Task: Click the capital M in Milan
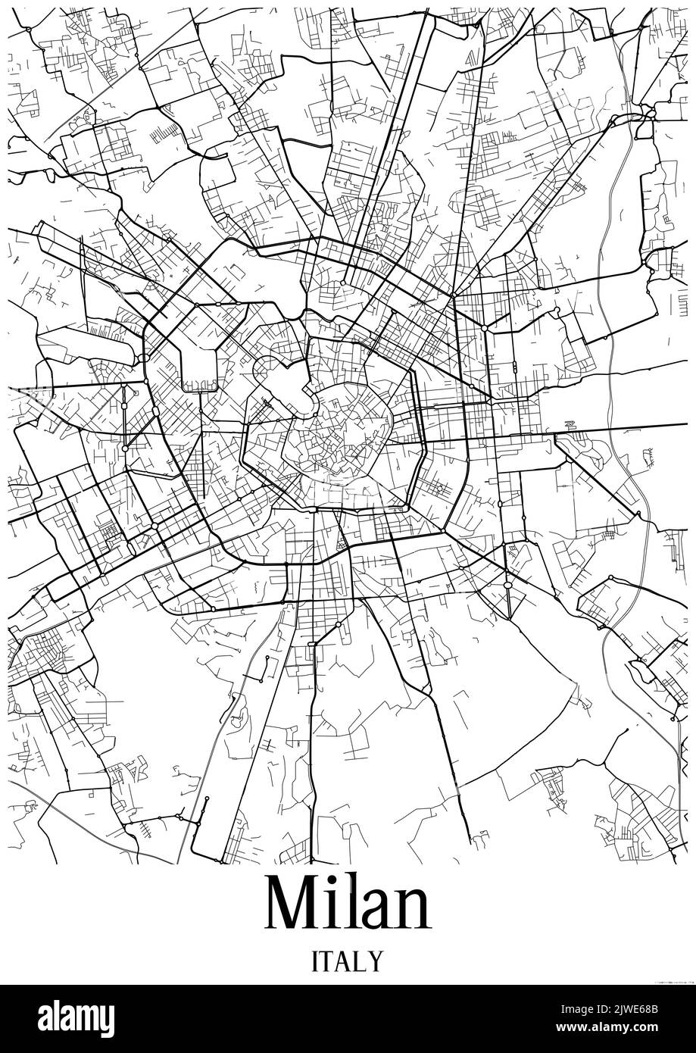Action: point(294,904)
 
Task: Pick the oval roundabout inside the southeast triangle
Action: point(507,585)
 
